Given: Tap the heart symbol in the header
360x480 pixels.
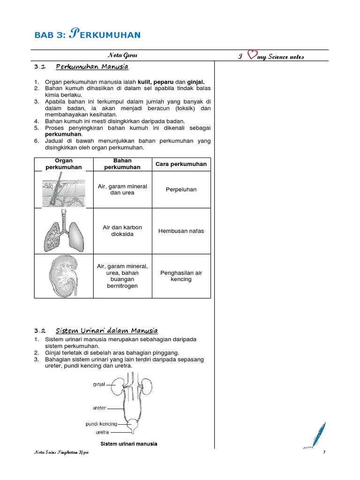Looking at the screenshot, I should (252, 55).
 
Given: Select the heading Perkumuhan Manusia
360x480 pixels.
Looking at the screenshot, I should (92, 67).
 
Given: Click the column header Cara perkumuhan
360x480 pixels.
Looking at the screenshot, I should (181, 164).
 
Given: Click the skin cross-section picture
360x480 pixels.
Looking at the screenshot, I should (64, 189).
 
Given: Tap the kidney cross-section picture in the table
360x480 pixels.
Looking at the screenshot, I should (64, 276).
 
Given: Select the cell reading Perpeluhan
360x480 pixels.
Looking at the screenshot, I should (181, 189).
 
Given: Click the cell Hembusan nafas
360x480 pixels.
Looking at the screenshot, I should (181, 231).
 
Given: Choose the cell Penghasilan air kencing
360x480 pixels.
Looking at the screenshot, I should (181, 276).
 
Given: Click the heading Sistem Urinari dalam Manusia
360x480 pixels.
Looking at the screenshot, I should (106, 330).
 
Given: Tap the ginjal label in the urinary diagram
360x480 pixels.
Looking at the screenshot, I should (98, 383).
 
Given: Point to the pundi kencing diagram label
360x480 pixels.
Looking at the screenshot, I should (101, 424).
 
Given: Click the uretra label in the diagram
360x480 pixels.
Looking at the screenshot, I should (102, 432).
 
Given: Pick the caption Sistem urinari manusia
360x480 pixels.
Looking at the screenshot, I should (128, 443).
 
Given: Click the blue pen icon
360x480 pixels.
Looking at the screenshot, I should (317, 435).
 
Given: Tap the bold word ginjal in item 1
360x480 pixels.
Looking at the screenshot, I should (196, 82).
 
